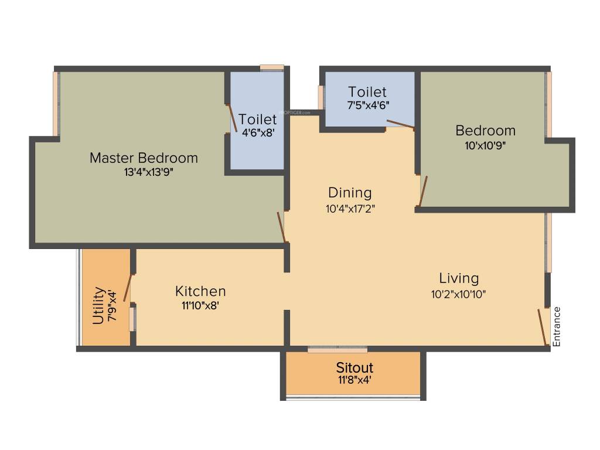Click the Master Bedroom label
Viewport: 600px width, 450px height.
tap(144, 158)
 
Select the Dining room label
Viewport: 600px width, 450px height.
tap(350, 193)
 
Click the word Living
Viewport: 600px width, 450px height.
tap(459, 278)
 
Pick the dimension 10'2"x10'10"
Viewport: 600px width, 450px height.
tap(459, 294)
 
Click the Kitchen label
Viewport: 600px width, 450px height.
tap(200, 291)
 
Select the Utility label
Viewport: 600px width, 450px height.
tap(98, 305)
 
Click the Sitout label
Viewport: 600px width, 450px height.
tap(354, 368)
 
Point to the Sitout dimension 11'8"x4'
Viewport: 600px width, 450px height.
tap(354, 380)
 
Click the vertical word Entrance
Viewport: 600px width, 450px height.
tap(557, 326)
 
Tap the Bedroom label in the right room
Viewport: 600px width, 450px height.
tap(486, 130)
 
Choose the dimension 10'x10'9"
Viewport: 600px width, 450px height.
tap(486, 145)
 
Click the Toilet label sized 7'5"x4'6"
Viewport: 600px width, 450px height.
tap(367, 92)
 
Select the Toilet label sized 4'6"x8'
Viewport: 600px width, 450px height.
tap(257, 120)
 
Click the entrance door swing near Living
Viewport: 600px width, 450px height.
tap(542, 327)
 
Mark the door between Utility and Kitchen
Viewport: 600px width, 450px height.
tap(127, 287)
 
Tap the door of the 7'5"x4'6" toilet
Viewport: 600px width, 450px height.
tap(401, 124)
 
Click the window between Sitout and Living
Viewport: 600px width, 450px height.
tap(337, 349)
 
